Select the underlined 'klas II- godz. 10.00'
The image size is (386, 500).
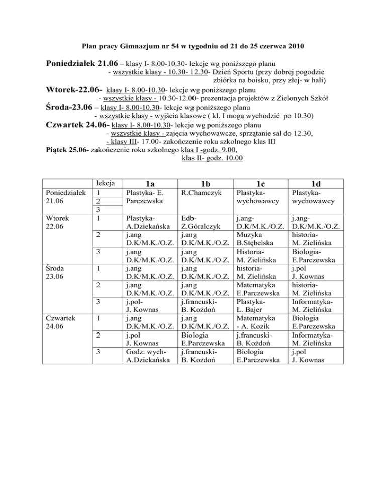click(210, 159)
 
